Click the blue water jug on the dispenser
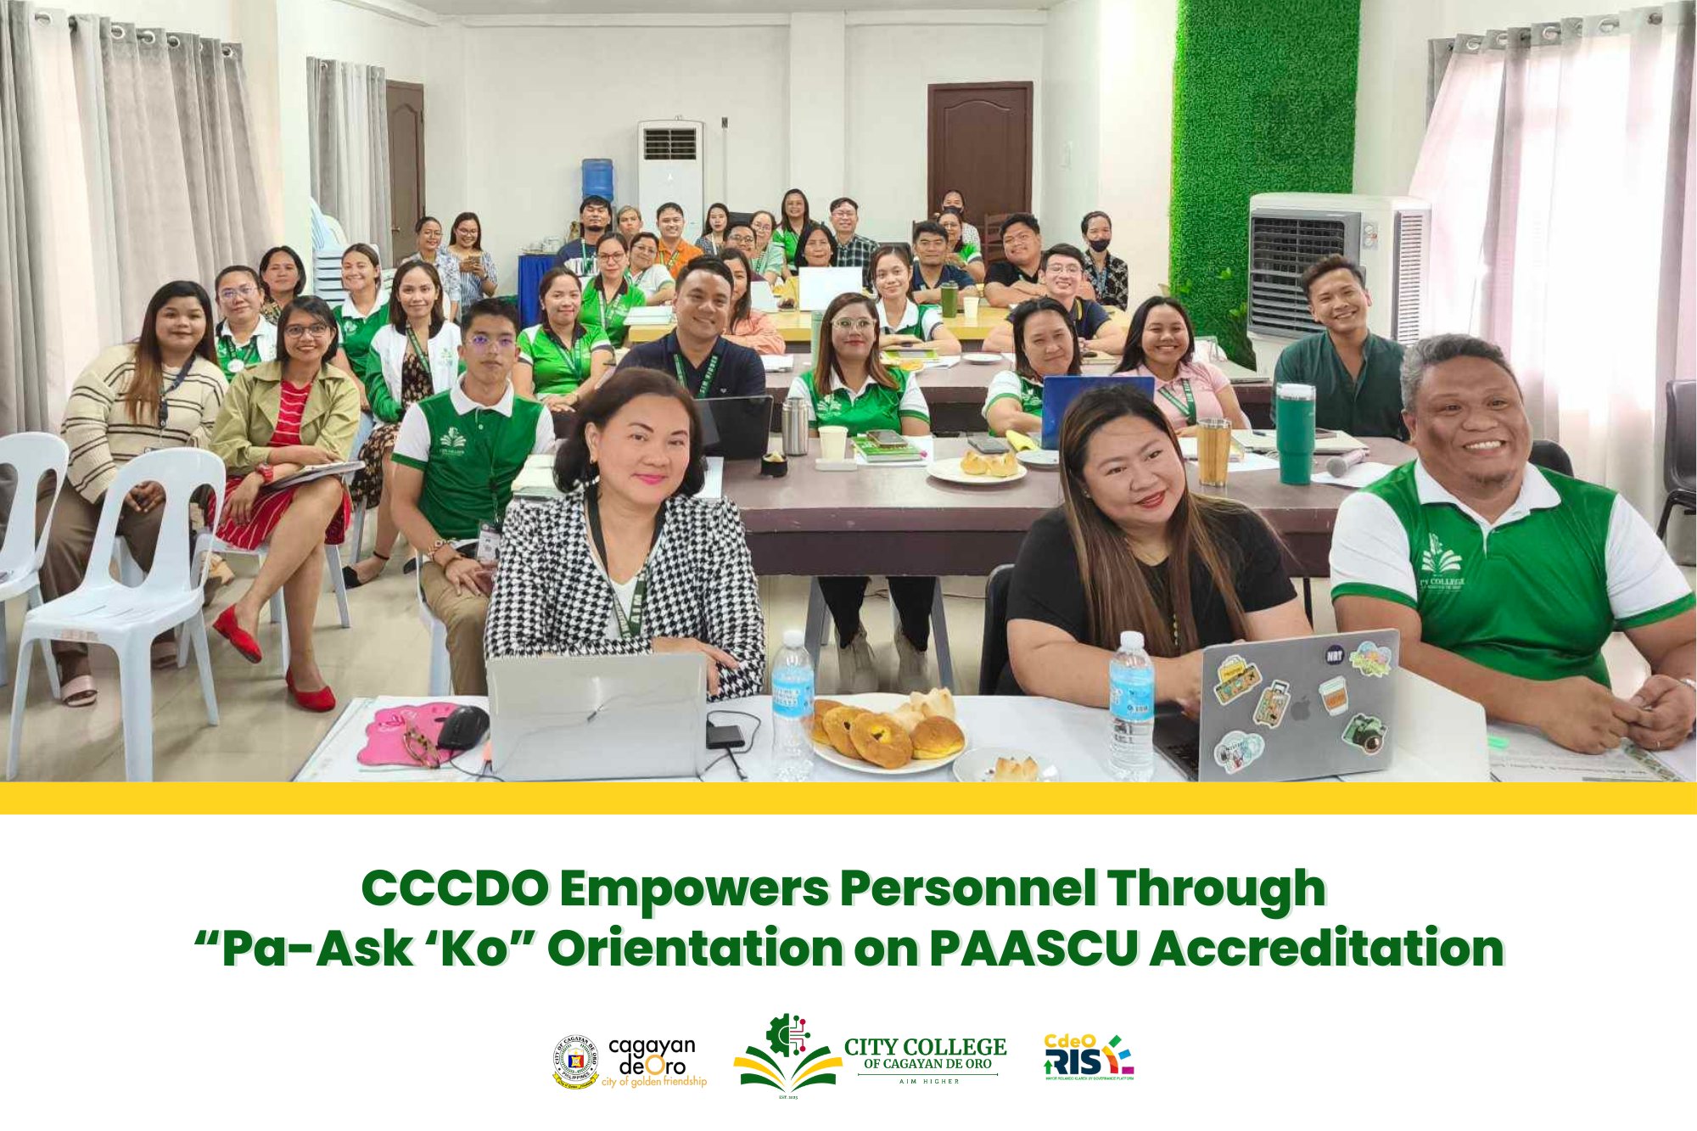point(597,179)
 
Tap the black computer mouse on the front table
point(462,726)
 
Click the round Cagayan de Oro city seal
point(575,1061)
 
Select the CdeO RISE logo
point(1089,1057)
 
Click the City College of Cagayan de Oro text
point(925,1054)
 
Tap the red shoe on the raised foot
point(237,634)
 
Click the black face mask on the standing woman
point(1098,244)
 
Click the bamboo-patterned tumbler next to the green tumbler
point(1213,451)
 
